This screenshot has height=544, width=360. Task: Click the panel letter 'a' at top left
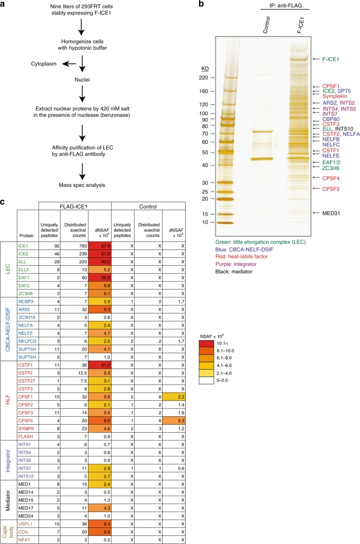click(4, 5)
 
